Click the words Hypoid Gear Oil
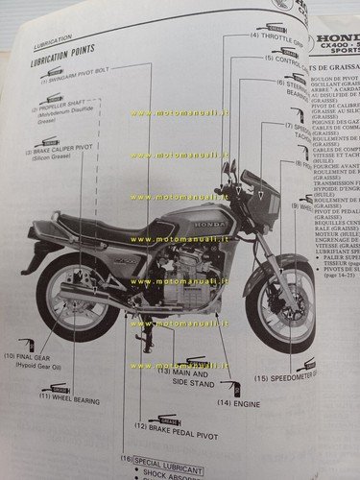tap(36, 366)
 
